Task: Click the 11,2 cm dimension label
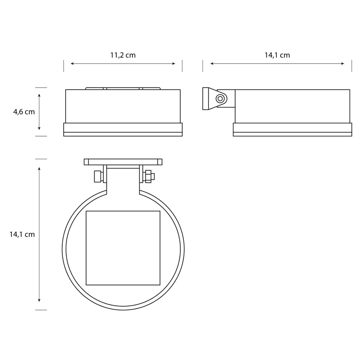point(123,55)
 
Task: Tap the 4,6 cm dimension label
point(24,112)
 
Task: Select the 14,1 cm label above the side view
point(277,55)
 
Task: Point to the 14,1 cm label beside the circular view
point(22,234)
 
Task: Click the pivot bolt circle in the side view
point(220,99)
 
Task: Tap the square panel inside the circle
point(123,248)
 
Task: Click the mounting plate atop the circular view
point(123,162)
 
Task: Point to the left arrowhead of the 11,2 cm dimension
point(72,64)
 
